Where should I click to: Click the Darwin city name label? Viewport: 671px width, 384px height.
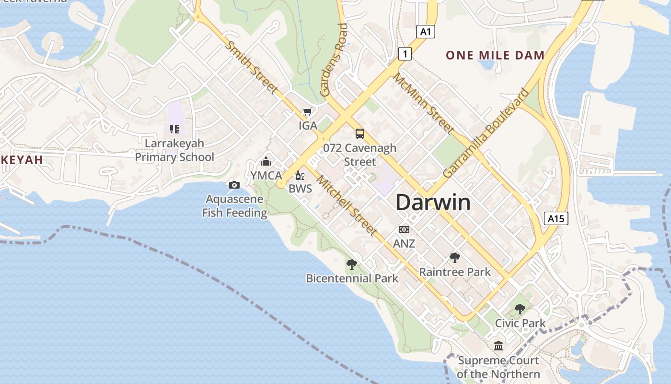pyautogui.click(x=433, y=203)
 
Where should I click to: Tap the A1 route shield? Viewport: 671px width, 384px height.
pyautogui.click(x=426, y=32)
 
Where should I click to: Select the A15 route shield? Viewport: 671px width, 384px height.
pyautogui.click(x=556, y=219)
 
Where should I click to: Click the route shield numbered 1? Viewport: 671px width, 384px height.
pyautogui.click(x=405, y=54)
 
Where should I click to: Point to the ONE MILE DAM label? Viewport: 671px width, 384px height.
pyautogui.click(x=495, y=55)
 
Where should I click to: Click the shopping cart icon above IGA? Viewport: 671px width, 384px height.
pyautogui.click(x=307, y=112)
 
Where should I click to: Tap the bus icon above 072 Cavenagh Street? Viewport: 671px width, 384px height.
pyautogui.click(x=359, y=134)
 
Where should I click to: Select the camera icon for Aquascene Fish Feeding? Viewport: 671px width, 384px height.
pyautogui.click(x=234, y=185)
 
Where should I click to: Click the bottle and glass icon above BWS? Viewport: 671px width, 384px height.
pyautogui.click(x=300, y=176)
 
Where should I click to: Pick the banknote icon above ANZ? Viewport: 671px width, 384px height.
pyautogui.click(x=404, y=229)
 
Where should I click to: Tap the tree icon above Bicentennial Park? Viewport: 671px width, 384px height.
pyautogui.click(x=352, y=264)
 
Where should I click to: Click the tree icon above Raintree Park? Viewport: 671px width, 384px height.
pyautogui.click(x=454, y=258)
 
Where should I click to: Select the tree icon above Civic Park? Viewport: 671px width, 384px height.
pyautogui.click(x=520, y=309)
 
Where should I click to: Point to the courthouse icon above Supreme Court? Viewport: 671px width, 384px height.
pyautogui.click(x=498, y=346)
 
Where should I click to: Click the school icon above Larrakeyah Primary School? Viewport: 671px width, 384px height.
pyautogui.click(x=174, y=129)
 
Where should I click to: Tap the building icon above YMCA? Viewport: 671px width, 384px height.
pyautogui.click(x=266, y=162)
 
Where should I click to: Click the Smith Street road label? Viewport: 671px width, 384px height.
pyautogui.click(x=251, y=67)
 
